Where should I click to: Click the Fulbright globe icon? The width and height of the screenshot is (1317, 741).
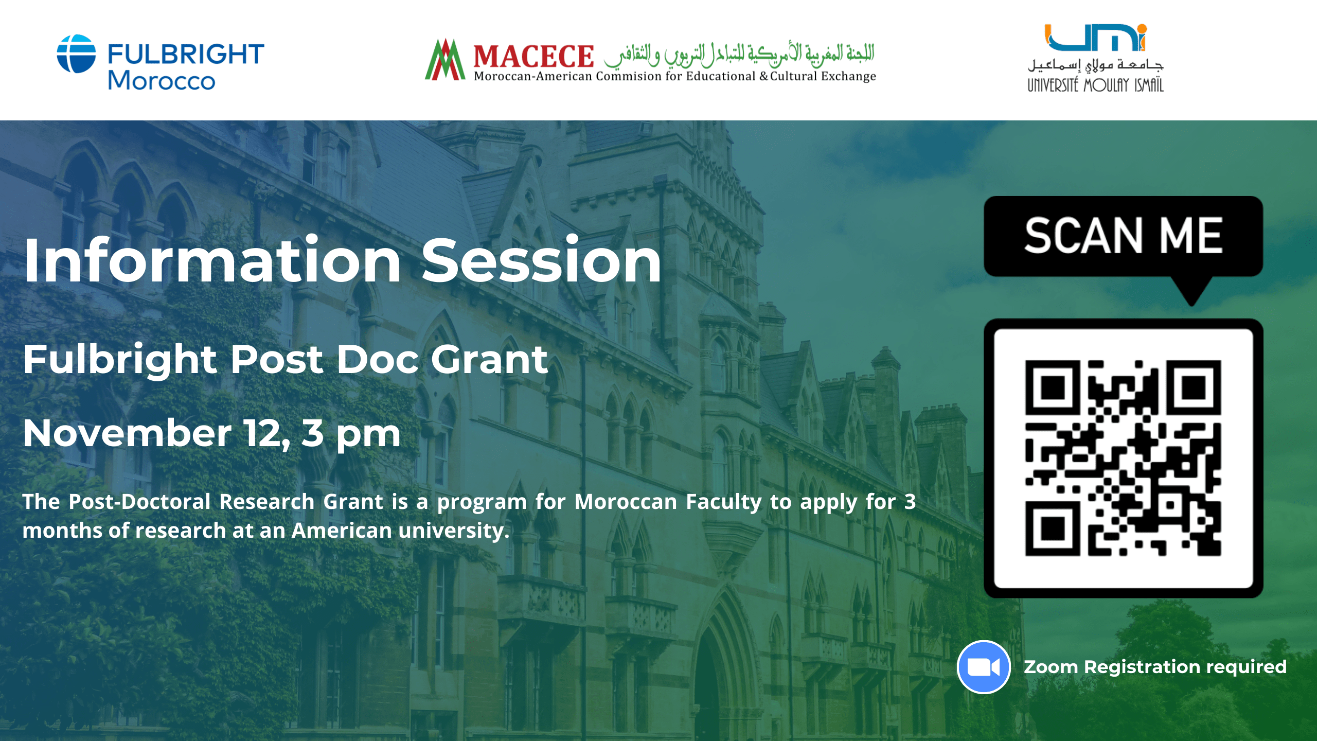(x=76, y=54)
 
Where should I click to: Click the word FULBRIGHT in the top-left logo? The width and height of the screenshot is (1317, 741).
(x=186, y=55)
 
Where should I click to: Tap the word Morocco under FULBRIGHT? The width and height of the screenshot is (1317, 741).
(x=161, y=81)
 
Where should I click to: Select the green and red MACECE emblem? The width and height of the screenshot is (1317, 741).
(x=445, y=60)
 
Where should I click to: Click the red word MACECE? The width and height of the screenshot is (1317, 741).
(x=533, y=56)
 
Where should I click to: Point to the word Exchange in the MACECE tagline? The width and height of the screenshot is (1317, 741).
(x=848, y=77)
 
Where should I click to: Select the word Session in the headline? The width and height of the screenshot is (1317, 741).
(x=541, y=261)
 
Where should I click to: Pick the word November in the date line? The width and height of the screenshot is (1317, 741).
(x=127, y=433)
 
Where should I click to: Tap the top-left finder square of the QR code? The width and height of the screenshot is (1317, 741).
(x=1053, y=387)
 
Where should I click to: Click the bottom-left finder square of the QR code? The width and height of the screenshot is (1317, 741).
(x=1053, y=528)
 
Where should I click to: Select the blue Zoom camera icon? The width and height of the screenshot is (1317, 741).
(x=984, y=667)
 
